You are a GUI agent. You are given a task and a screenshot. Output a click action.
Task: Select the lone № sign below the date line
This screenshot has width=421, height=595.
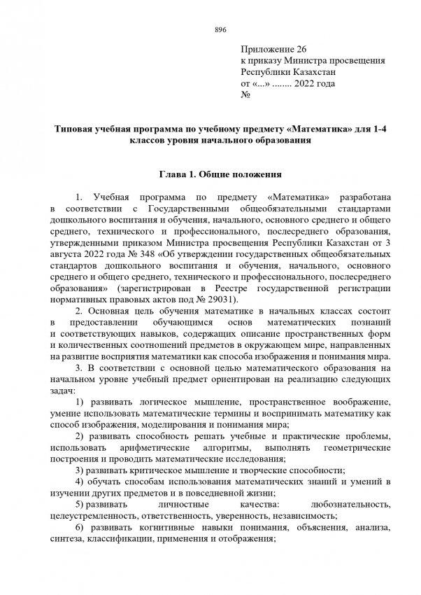(x=245, y=94)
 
